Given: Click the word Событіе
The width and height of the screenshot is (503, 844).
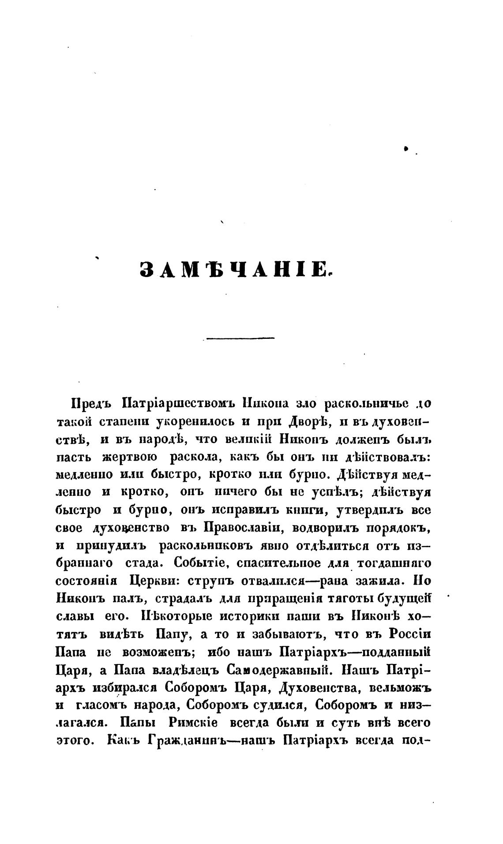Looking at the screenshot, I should click(x=200, y=563).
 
